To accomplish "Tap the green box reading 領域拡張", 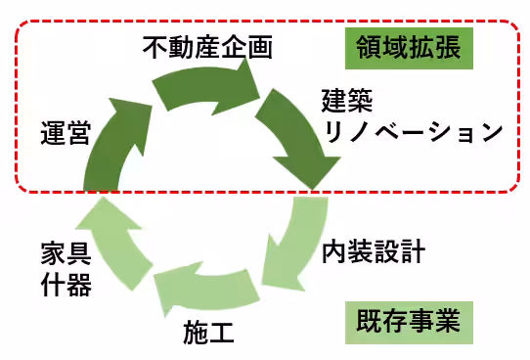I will click(410, 48).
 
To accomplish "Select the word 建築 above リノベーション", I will click(347, 101).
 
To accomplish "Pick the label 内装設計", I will click(373, 252).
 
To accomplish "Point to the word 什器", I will click(66, 287).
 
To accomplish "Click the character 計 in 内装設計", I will click(412, 252).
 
